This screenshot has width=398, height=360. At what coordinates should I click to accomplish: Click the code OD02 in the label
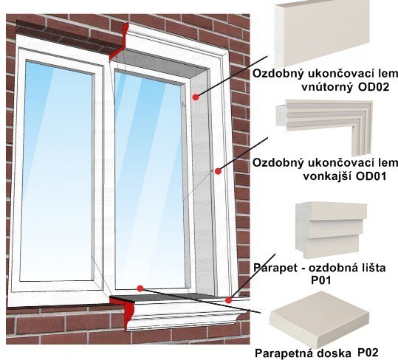(374, 87)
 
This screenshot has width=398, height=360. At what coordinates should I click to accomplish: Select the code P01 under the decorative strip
(321, 280)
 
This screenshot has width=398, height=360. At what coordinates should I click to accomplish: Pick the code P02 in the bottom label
(368, 353)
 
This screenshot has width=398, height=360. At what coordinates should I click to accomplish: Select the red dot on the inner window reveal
(195, 97)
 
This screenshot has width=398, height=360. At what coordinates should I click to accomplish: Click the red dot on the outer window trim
(218, 171)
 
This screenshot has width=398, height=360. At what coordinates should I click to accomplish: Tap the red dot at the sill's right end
(228, 300)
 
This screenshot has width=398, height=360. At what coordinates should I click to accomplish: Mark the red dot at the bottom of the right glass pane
(140, 288)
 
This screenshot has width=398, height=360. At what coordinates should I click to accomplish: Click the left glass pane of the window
(57, 170)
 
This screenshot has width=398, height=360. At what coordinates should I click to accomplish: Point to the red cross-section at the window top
(120, 43)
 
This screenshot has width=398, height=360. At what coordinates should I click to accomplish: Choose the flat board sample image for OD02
(322, 34)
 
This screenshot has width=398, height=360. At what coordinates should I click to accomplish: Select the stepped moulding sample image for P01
(332, 229)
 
